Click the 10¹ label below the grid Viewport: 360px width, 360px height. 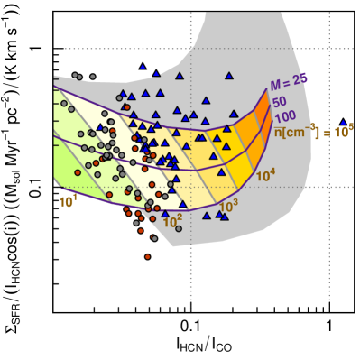click(x=68, y=202)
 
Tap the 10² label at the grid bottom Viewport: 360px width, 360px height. click(x=172, y=220)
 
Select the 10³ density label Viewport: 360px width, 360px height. click(x=228, y=207)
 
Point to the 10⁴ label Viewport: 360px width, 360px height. click(x=265, y=176)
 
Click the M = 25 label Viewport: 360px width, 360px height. click(x=289, y=81)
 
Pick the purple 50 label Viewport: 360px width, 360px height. click(x=281, y=102)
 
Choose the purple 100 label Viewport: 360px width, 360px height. click(x=285, y=116)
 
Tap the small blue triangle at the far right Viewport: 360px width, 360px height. click(x=343, y=122)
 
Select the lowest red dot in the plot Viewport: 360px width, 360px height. click(x=148, y=256)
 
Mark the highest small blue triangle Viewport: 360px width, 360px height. click(x=142, y=66)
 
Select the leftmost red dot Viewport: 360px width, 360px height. click(x=78, y=172)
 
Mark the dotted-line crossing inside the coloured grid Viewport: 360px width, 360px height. click(x=190, y=187)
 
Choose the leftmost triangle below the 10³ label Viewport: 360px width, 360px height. click(x=207, y=215)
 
